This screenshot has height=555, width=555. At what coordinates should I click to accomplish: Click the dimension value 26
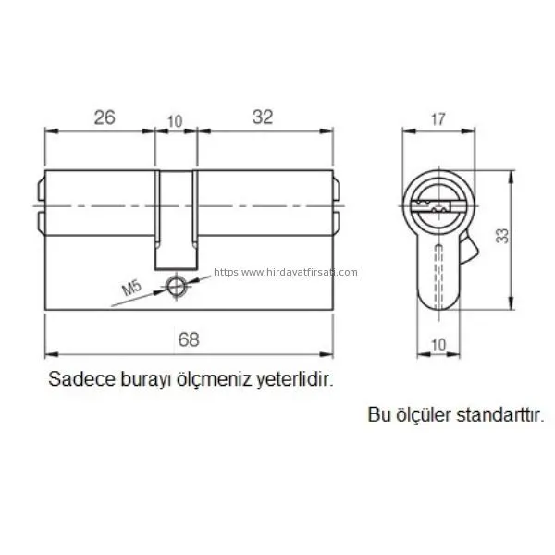pos(105,117)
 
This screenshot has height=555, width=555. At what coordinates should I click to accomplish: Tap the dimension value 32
pos(263,117)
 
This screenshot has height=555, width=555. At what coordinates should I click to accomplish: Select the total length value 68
pos(189,339)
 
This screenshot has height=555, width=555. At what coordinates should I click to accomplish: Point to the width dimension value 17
pos(438,119)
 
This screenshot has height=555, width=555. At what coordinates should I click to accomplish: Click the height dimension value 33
pos(502,236)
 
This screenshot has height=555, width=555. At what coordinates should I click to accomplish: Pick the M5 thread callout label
pos(131,288)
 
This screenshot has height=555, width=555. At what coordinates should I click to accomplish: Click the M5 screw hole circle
pos(176,286)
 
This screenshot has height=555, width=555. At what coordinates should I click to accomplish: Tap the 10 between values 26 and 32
pos(175,121)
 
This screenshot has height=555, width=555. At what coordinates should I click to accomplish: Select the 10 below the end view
pos(438,344)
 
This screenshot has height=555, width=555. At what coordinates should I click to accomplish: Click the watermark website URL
pos(286,272)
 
